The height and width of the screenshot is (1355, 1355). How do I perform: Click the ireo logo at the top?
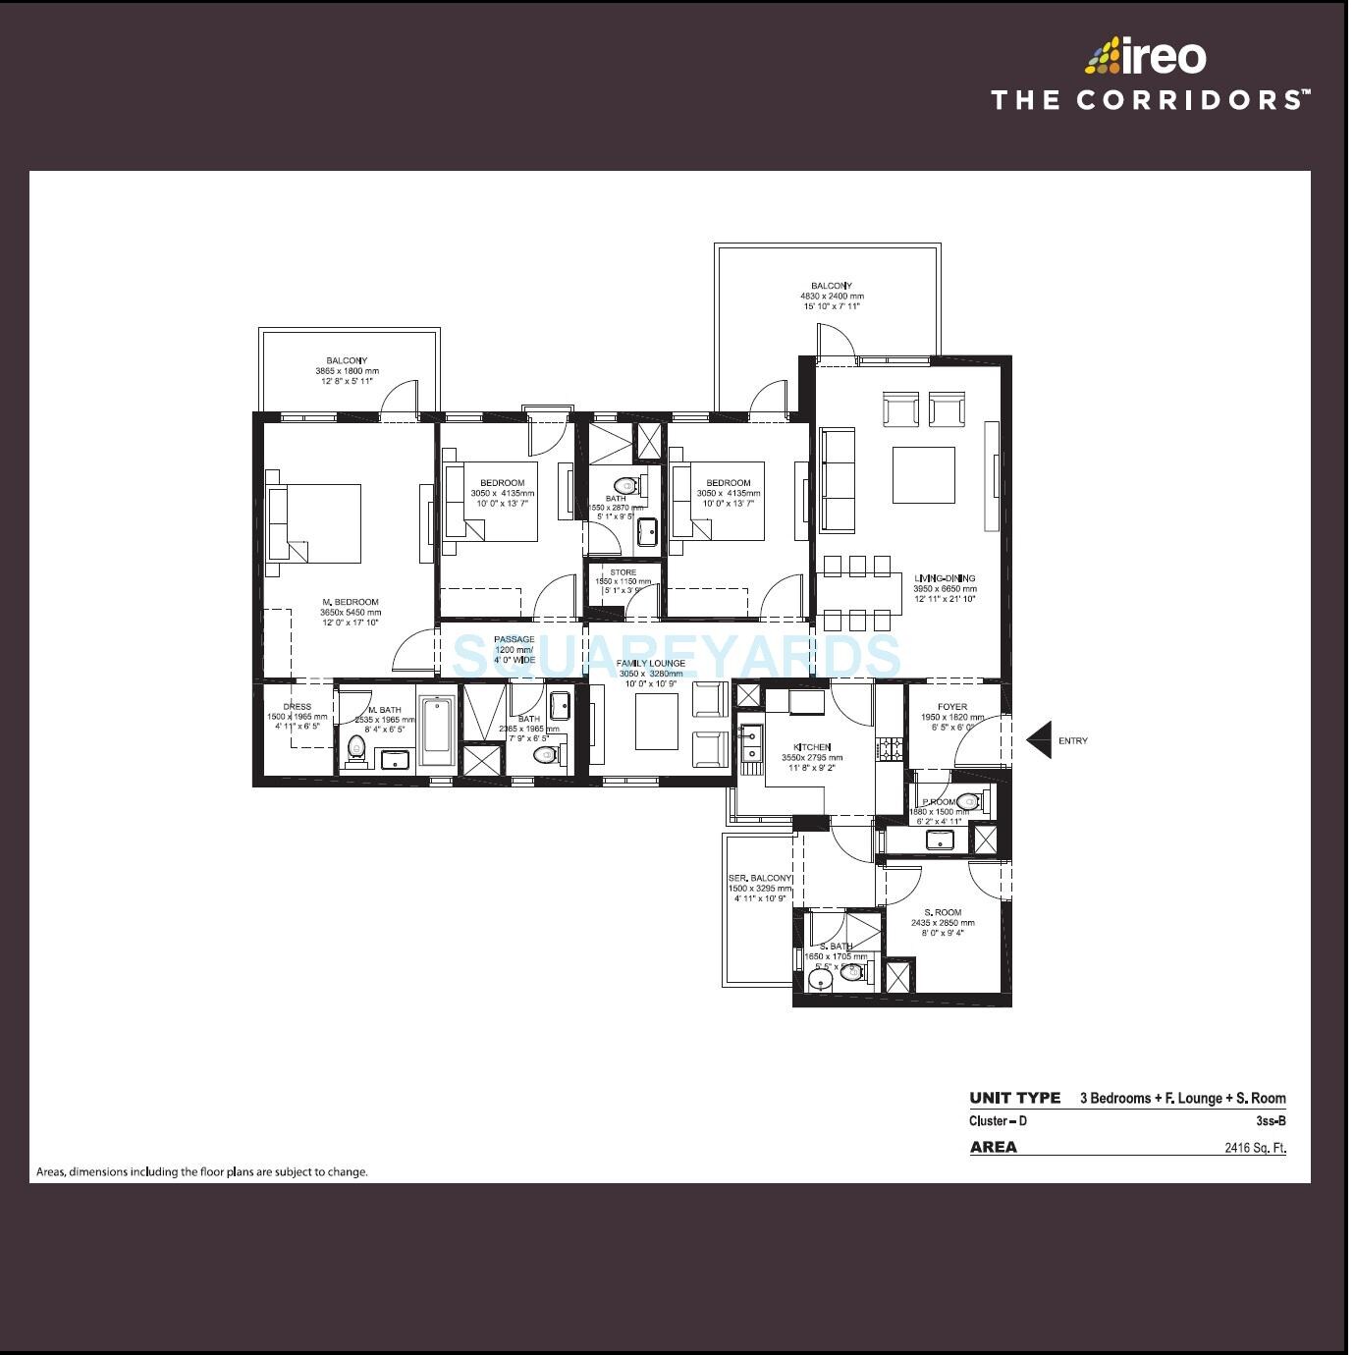(1146, 56)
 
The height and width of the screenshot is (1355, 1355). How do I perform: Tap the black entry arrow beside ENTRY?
(1040, 740)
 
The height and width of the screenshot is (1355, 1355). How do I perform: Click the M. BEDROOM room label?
(350, 602)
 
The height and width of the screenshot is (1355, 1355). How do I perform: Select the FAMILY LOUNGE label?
(650, 664)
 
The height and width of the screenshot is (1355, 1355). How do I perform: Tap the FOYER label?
(951, 707)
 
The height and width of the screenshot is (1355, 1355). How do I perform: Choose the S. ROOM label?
(943, 912)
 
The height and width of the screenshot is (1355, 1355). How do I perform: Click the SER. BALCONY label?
(759, 878)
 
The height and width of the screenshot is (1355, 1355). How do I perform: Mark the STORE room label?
(623, 572)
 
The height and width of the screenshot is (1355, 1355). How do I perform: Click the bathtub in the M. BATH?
(437, 730)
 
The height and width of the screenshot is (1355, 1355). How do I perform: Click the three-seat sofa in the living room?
(838, 479)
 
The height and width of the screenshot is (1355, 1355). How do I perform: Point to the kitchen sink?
(751, 743)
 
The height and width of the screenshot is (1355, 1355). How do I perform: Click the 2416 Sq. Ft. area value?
(1254, 1147)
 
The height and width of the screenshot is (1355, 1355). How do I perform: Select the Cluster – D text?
(998, 1121)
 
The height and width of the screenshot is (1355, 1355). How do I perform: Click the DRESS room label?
(297, 707)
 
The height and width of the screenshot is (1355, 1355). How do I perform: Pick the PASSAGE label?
(515, 640)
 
